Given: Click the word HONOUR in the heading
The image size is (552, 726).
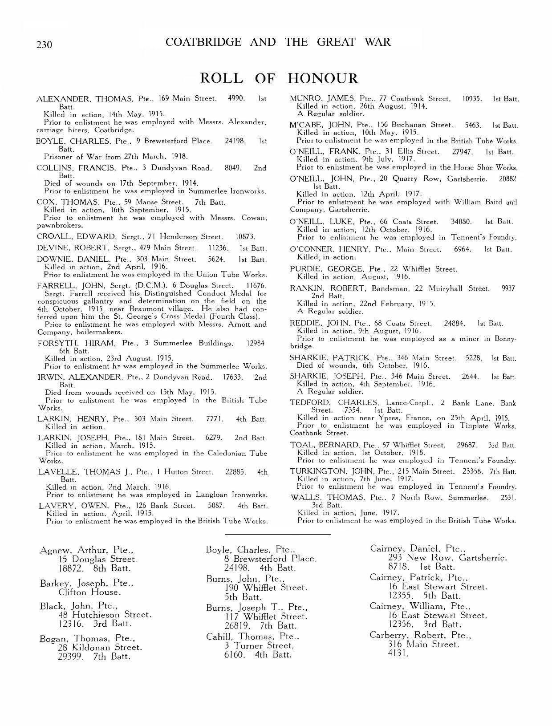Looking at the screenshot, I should pos(323,78).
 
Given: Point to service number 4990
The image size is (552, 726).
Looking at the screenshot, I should pos(236,98).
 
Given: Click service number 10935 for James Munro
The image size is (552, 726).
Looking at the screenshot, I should pos(473,98).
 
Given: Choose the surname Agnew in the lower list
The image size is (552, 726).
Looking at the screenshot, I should pos(52,550).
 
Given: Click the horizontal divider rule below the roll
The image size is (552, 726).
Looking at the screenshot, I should pos(278,533).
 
